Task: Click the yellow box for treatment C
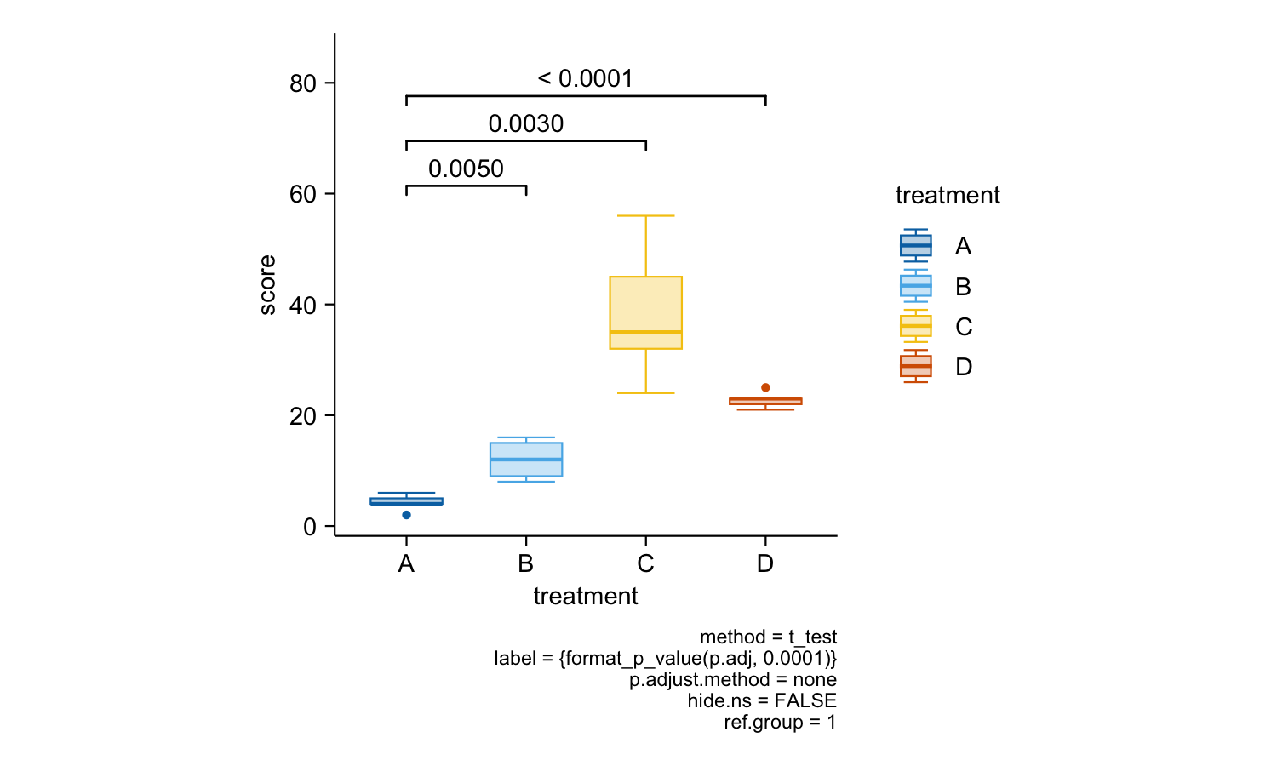(646, 312)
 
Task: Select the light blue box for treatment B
(526, 460)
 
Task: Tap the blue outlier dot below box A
(406, 515)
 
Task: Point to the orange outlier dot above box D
(765, 387)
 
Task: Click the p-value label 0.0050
(466, 169)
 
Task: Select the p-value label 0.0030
(525, 123)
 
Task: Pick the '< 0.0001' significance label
(585, 78)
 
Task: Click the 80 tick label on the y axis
(303, 83)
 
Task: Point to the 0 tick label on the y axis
(310, 527)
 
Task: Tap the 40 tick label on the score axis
(303, 305)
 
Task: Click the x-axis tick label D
(765, 563)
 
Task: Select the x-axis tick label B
(525, 563)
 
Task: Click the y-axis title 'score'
(266, 285)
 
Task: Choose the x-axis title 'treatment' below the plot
(586, 596)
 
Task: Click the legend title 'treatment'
(948, 196)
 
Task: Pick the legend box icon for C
(915, 326)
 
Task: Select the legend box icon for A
(915, 246)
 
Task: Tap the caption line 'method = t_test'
(768, 637)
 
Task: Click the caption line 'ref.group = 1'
(780, 722)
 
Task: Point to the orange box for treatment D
(765, 401)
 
